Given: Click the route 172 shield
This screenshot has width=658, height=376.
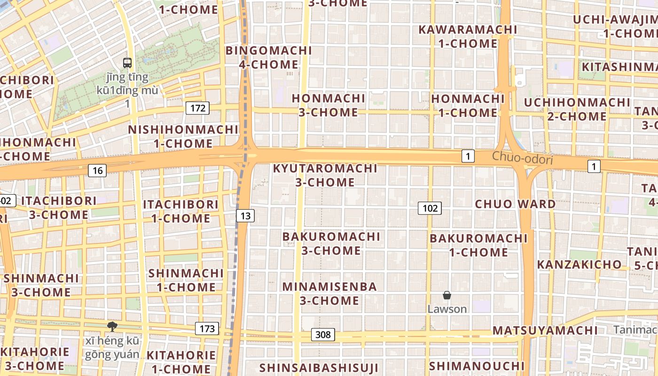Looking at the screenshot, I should point(198,108).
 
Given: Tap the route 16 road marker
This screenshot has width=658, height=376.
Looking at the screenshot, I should point(97,170).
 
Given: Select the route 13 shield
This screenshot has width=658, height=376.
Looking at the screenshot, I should point(245,216).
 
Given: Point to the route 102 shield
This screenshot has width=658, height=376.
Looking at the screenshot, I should point(430,208).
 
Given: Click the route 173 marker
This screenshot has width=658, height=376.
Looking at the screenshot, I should point(207,329).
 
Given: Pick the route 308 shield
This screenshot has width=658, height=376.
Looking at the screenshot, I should point(323,335).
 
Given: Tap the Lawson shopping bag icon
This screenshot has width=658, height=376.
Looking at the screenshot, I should point(447,295).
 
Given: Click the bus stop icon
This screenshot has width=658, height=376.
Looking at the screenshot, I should point(127,62).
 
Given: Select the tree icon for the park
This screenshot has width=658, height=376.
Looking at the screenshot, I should point(112,326).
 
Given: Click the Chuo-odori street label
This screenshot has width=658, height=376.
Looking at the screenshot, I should point(522,158).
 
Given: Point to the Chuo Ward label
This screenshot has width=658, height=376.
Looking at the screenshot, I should point(515,204).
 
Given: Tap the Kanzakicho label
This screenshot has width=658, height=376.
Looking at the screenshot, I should point(579,264).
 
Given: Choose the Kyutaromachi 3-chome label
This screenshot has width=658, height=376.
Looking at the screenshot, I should point(325,175).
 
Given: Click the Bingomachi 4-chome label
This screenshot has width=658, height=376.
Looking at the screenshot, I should point(269,57).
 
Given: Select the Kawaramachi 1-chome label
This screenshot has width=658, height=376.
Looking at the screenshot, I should point(468,36).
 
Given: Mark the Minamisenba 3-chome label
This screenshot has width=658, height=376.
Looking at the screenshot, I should point(329,293).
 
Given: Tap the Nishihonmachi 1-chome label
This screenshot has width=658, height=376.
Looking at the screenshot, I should point(183,136).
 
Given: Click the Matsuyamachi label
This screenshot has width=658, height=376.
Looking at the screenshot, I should point(545,330).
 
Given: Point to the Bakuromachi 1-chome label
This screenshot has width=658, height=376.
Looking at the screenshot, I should point(478,245).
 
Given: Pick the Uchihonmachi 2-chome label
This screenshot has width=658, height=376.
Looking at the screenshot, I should point(577,109).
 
